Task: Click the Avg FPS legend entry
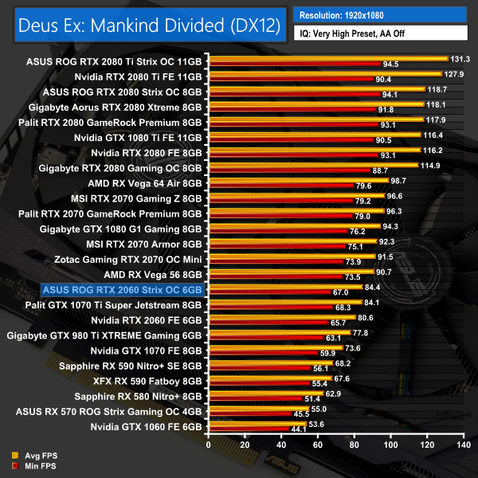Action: [31, 456]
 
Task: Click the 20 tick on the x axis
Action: [245, 444]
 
